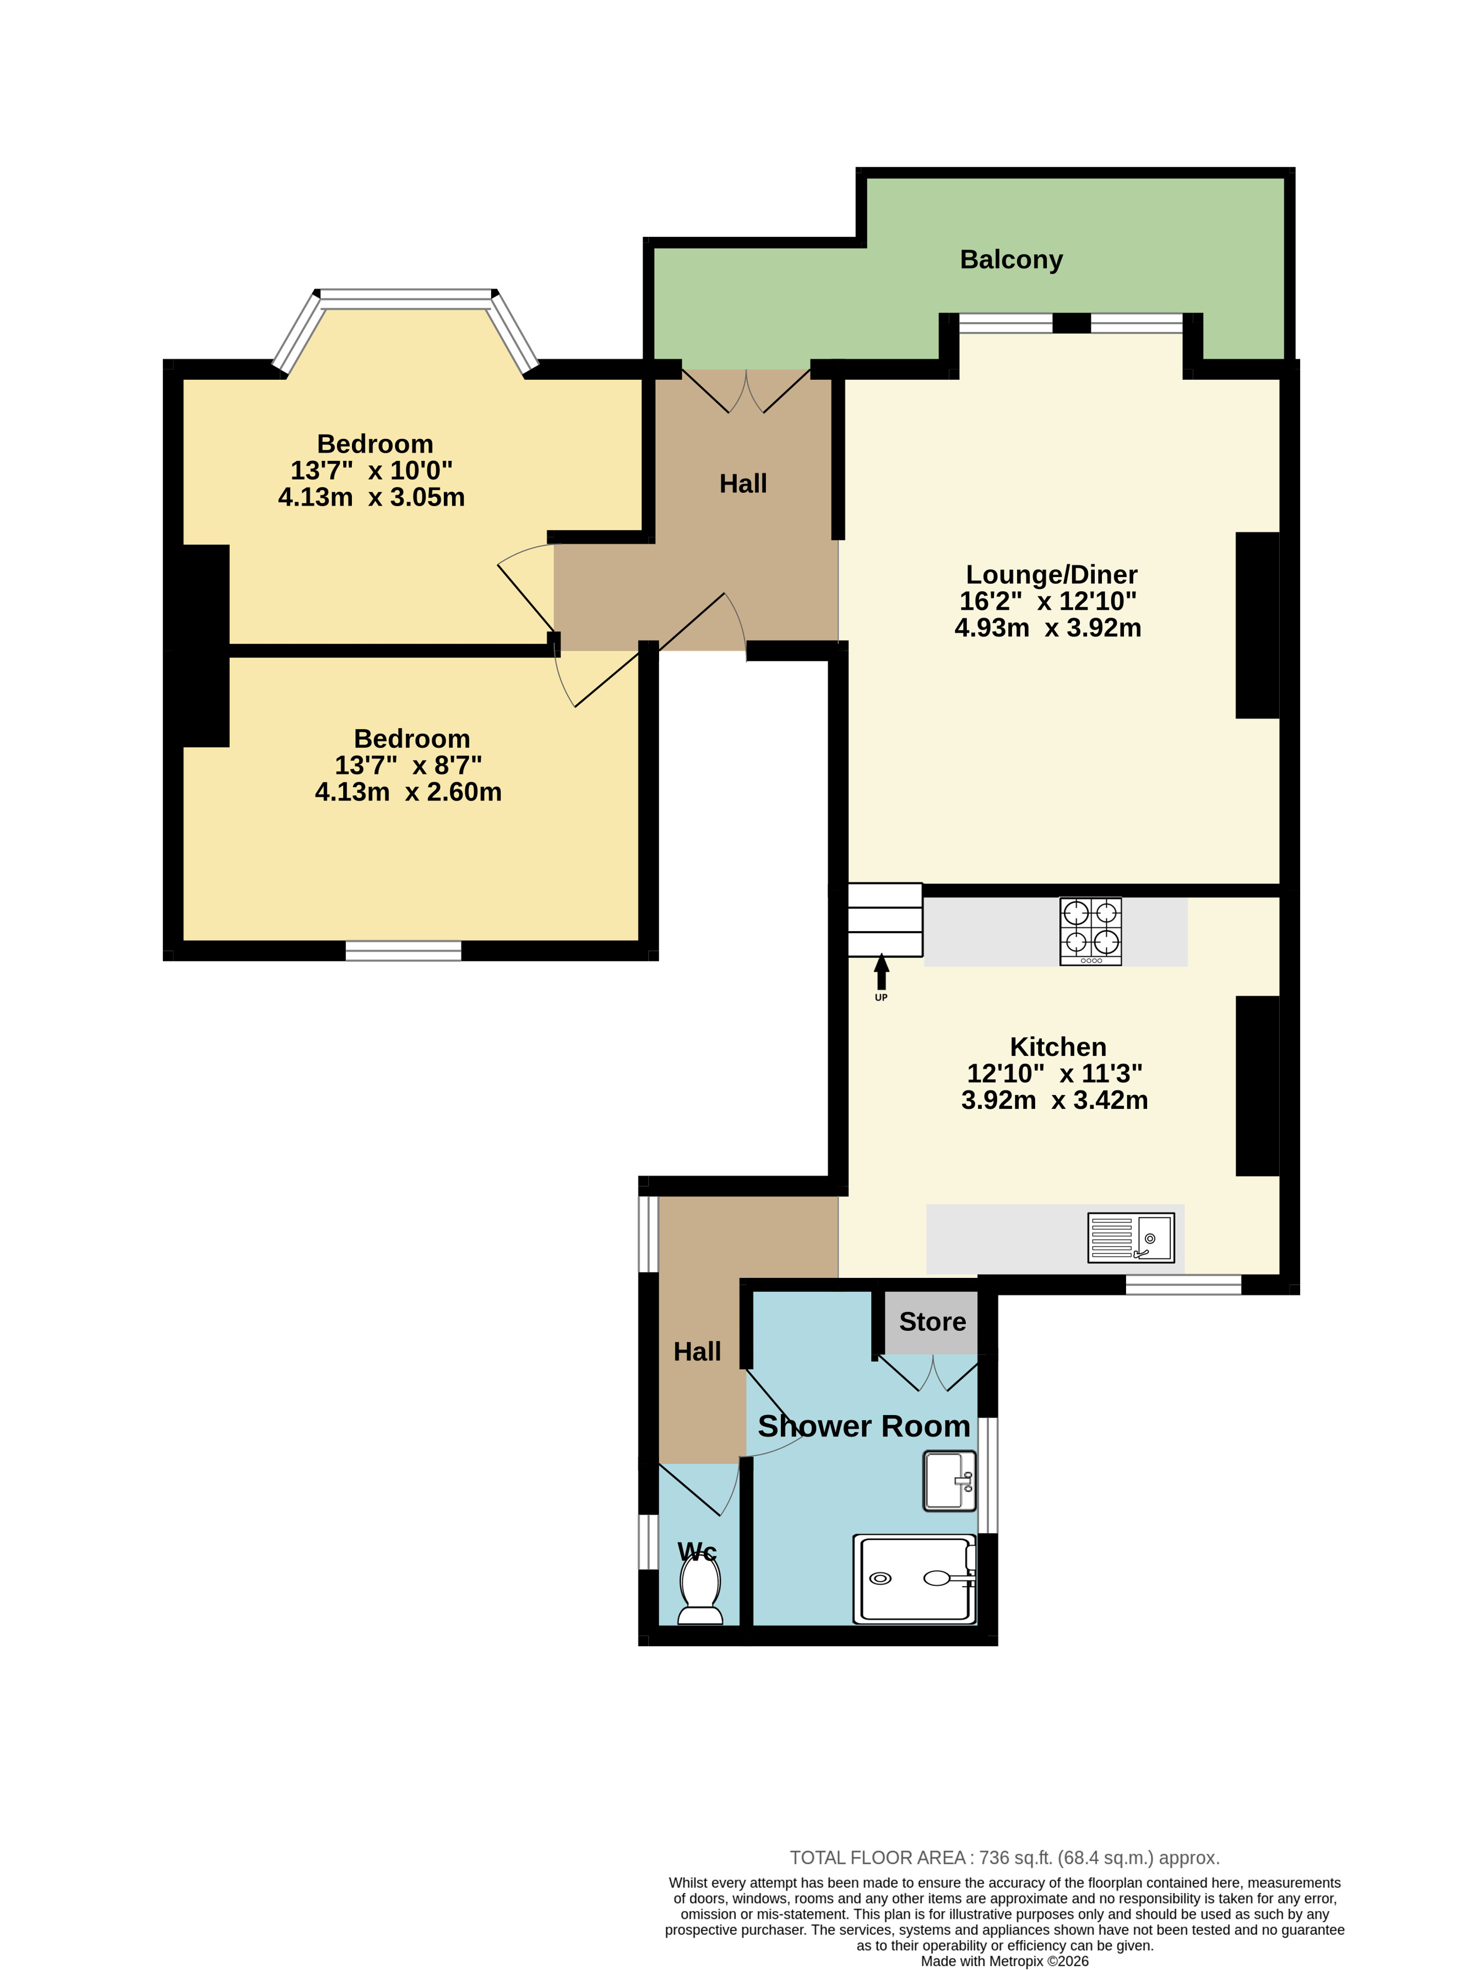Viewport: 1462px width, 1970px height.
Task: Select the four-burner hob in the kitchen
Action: [x=1090, y=931]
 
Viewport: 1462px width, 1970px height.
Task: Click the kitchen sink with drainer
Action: [x=1131, y=1237]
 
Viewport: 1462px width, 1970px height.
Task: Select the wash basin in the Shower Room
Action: [x=949, y=1480]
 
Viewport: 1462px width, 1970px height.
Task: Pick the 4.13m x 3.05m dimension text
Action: [x=372, y=497]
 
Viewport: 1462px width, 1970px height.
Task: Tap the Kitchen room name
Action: [x=1058, y=1047]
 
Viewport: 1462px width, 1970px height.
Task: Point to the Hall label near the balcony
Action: [x=742, y=483]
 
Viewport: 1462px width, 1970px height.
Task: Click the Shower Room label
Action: [x=864, y=1427]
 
